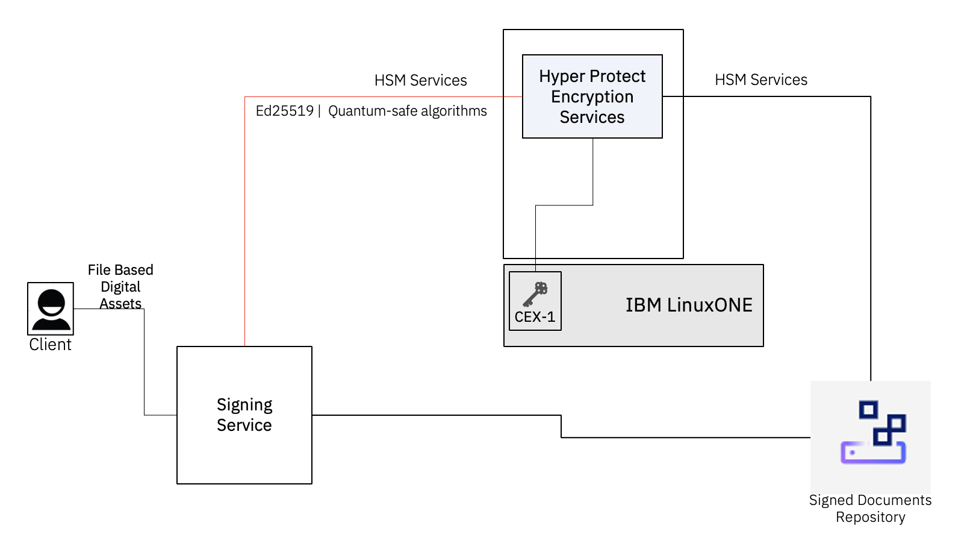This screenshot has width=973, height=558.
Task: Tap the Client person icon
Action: (x=51, y=309)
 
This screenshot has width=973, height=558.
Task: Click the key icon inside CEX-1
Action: (x=535, y=294)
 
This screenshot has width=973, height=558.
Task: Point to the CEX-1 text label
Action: (x=535, y=317)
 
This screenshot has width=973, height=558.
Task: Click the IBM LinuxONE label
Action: (x=689, y=306)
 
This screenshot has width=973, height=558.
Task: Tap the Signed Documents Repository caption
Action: (x=870, y=509)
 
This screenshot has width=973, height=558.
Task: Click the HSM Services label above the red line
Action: (x=420, y=80)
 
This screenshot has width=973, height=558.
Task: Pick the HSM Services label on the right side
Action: (x=760, y=80)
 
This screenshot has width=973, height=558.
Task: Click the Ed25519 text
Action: (x=284, y=111)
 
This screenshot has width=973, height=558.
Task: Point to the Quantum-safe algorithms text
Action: (x=407, y=111)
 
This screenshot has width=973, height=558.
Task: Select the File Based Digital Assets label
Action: (x=120, y=286)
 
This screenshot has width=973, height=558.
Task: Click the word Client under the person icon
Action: (x=50, y=345)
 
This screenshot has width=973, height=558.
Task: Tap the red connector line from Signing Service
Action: (x=245, y=229)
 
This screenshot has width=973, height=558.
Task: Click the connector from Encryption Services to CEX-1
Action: (x=593, y=175)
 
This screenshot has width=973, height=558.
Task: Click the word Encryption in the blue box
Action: (x=592, y=96)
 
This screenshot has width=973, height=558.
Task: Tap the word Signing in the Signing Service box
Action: (x=244, y=404)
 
